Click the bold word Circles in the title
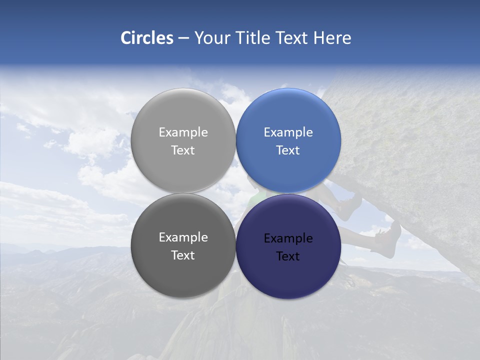[147, 38]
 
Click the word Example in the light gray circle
[183, 132]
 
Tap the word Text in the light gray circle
[183, 150]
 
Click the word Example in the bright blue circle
[288, 132]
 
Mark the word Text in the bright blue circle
[288, 150]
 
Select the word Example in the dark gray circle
[183, 237]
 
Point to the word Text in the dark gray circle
[183, 255]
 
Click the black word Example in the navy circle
[288, 238]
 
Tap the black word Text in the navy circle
[288, 256]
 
